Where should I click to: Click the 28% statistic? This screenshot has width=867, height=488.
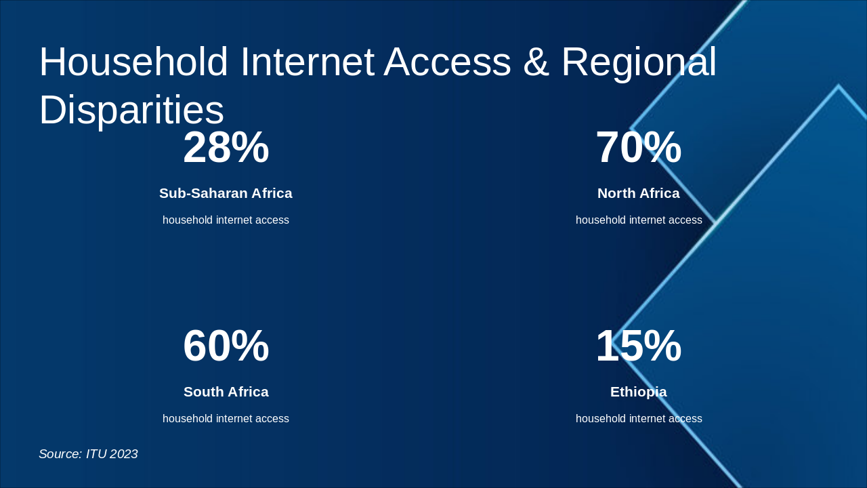pos(226,148)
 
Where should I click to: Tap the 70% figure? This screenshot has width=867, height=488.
pos(638,148)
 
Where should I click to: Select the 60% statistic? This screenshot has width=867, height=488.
pos(226,346)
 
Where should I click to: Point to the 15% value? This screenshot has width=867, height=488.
pos(638,346)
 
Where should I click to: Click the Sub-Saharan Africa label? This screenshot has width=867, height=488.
pos(226,193)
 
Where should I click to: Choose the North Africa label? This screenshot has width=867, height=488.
pos(638,193)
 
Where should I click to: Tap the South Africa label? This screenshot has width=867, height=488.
pos(226,392)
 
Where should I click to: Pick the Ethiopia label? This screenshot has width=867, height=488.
pos(638,392)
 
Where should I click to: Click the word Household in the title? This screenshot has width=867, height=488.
pos(133,62)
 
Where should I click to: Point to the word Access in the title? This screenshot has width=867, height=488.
pos(448,62)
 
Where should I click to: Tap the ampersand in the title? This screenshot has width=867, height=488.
pos(536,62)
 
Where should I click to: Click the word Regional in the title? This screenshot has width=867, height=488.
pos(639,62)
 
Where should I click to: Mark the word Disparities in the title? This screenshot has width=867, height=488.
pos(131,110)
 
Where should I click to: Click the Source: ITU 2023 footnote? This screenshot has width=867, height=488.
pos(88,454)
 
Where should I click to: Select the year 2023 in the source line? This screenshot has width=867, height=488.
pos(123,454)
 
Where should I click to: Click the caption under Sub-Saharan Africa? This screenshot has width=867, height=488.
pos(226,220)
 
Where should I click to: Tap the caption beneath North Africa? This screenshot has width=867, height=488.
pos(638,220)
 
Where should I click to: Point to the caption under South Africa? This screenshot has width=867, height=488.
pos(226,419)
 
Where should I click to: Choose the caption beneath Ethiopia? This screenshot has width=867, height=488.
pos(638,419)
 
